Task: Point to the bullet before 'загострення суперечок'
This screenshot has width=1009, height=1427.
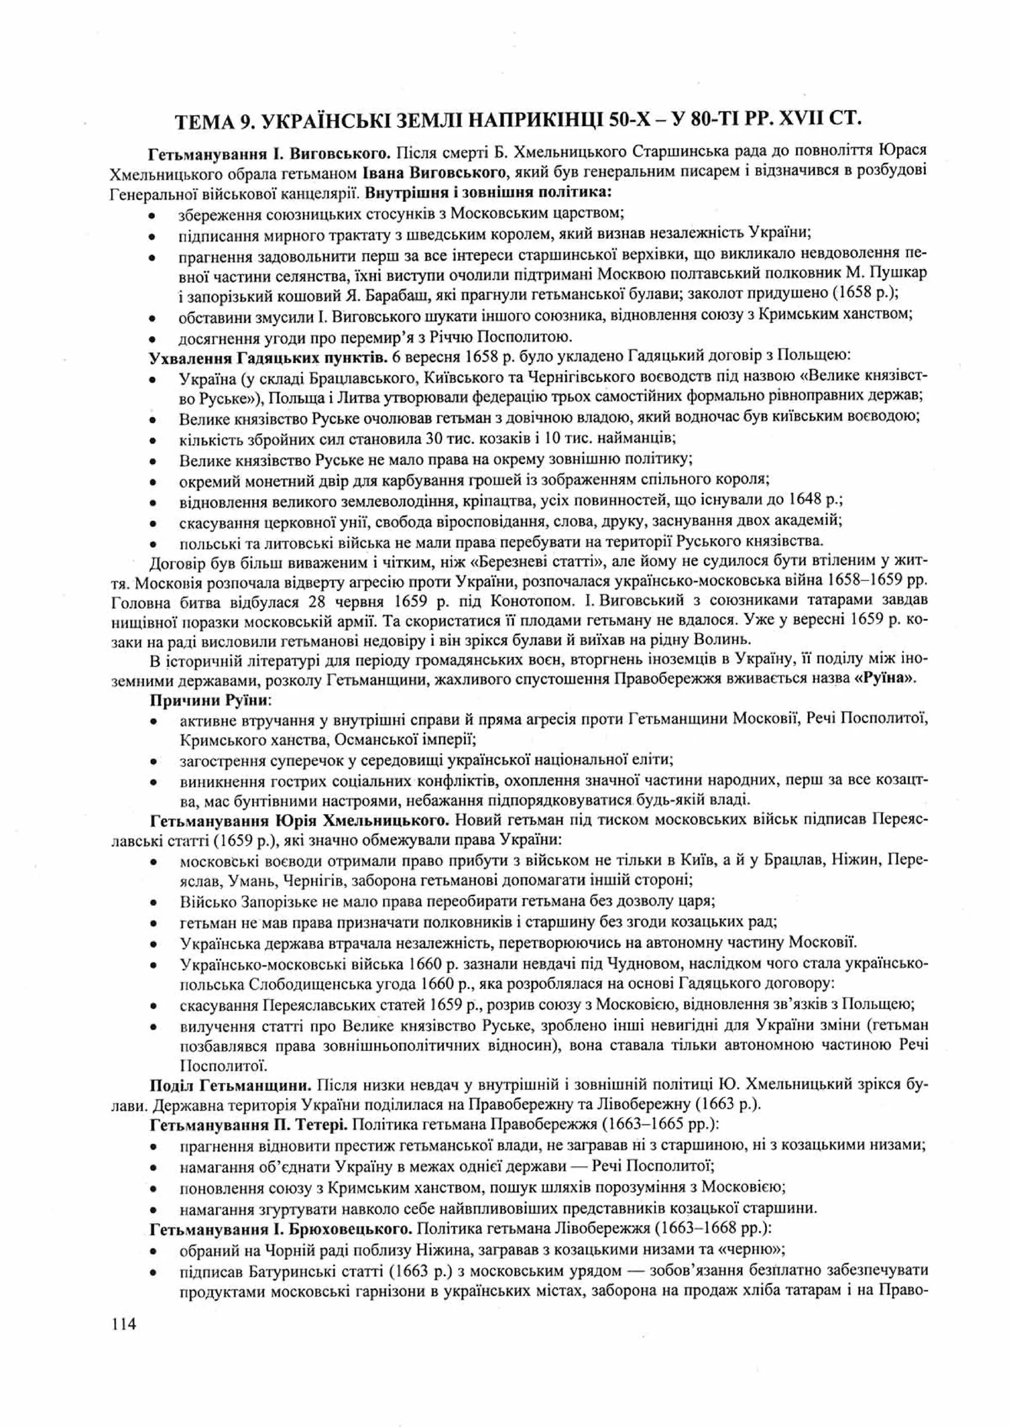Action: pyautogui.click(x=152, y=761)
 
